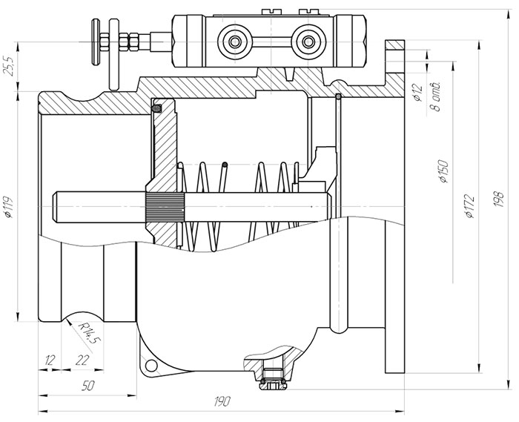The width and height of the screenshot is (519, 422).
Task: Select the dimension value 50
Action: [x=87, y=385]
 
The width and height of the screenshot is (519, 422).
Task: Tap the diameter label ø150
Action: [x=442, y=171]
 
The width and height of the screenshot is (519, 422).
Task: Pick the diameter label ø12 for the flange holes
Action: [x=418, y=93]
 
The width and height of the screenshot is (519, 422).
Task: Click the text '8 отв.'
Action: [x=436, y=93]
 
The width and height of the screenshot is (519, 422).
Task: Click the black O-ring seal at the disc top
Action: [x=157, y=109]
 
